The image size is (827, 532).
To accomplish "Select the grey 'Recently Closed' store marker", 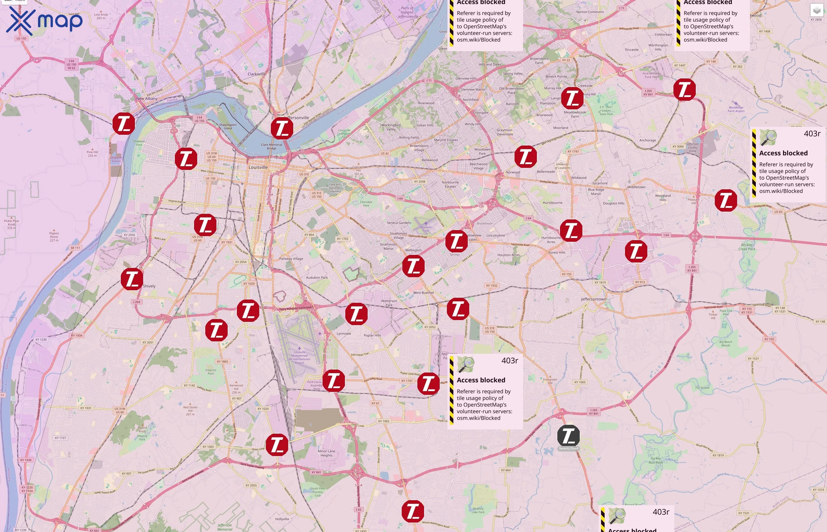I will click(568, 436).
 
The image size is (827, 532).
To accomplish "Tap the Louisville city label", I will click(258, 167).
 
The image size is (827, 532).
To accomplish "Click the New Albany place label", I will click(147, 98).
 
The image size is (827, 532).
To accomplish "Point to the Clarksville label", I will click(256, 74).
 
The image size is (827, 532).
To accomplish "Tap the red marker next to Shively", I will click(132, 279).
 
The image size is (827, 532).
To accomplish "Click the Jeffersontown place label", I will click(593, 299).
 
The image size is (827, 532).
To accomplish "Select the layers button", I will click(816, 10).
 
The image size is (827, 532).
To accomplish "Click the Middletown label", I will click(636, 187).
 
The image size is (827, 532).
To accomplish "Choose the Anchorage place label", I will click(647, 140).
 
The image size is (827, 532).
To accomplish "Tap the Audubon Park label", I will click(317, 278).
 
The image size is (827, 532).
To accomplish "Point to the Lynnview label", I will click(344, 334).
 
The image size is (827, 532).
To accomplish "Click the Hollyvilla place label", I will click(282, 519).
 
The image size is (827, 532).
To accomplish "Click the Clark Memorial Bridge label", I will click(271, 147).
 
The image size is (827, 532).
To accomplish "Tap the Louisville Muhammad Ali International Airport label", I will click(299, 357).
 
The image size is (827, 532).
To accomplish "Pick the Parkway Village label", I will click(291, 258).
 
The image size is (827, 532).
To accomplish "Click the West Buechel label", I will click(423, 293).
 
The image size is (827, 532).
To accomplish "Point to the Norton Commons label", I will click(590, 12).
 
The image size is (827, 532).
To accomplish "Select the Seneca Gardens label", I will click(399, 223).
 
